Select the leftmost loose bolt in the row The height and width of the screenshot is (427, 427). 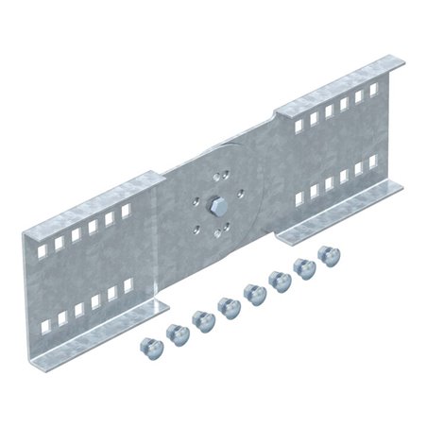pos(146,343)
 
